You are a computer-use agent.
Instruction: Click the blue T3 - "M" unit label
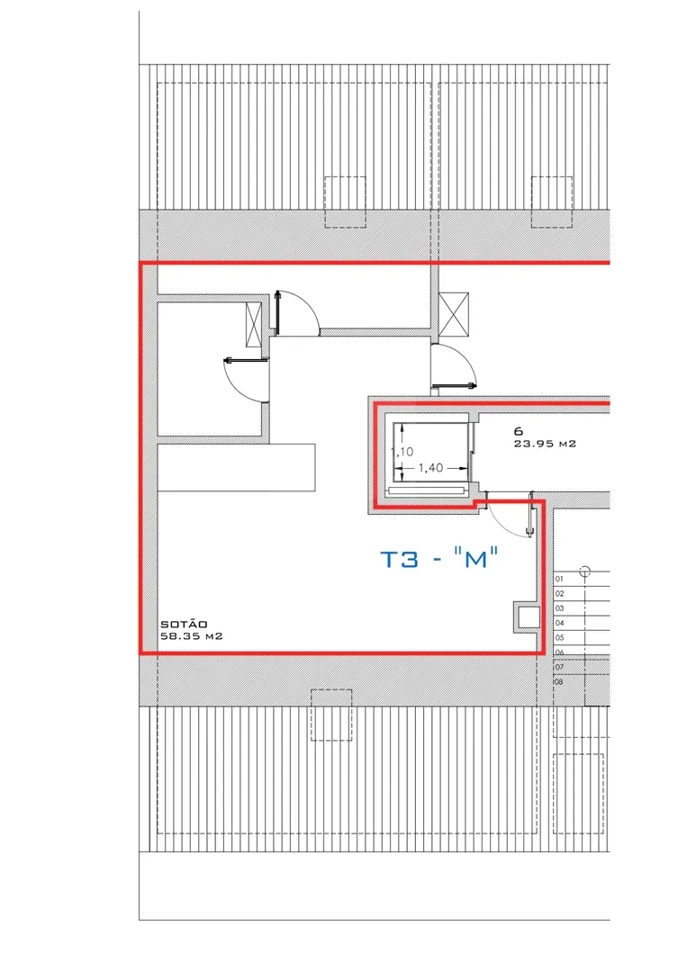(439, 559)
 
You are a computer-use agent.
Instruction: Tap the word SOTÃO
(184, 625)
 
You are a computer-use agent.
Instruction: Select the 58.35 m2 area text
(192, 636)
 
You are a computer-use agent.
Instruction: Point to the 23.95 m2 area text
(545, 444)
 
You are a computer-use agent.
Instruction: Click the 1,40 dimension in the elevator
(430, 467)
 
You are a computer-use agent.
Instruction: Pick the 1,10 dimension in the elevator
(402, 452)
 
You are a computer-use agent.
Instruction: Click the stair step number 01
(559, 579)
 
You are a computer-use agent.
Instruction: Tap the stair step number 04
(559, 623)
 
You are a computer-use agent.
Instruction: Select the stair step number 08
(559, 682)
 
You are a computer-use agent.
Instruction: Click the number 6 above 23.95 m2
(519, 431)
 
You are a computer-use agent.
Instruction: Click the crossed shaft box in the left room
(254, 325)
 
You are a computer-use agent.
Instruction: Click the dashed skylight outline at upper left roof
(346, 202)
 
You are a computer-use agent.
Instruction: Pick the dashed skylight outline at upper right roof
(551, 202)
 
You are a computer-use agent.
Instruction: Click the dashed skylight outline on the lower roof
(331, 715)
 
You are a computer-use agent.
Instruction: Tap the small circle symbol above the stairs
(585, 571)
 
